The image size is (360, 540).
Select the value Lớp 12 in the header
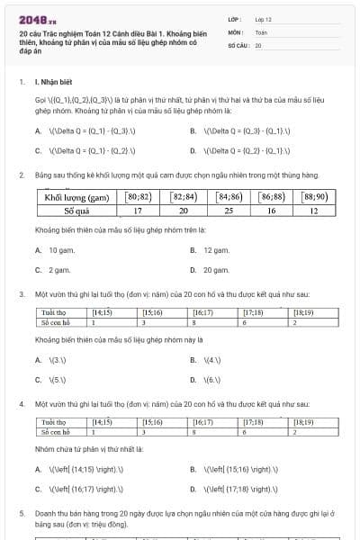pos(263,18)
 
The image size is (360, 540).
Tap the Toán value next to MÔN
pos(261,31)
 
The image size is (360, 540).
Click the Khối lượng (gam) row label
pos(77,196)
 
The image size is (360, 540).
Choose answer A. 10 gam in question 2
pos(59,249)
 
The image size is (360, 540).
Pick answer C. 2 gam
pos(58,269)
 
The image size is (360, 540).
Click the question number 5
pos(22,512)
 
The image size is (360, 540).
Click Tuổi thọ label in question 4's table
pos(54,421)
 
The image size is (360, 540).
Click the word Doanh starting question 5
pos(47,512)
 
